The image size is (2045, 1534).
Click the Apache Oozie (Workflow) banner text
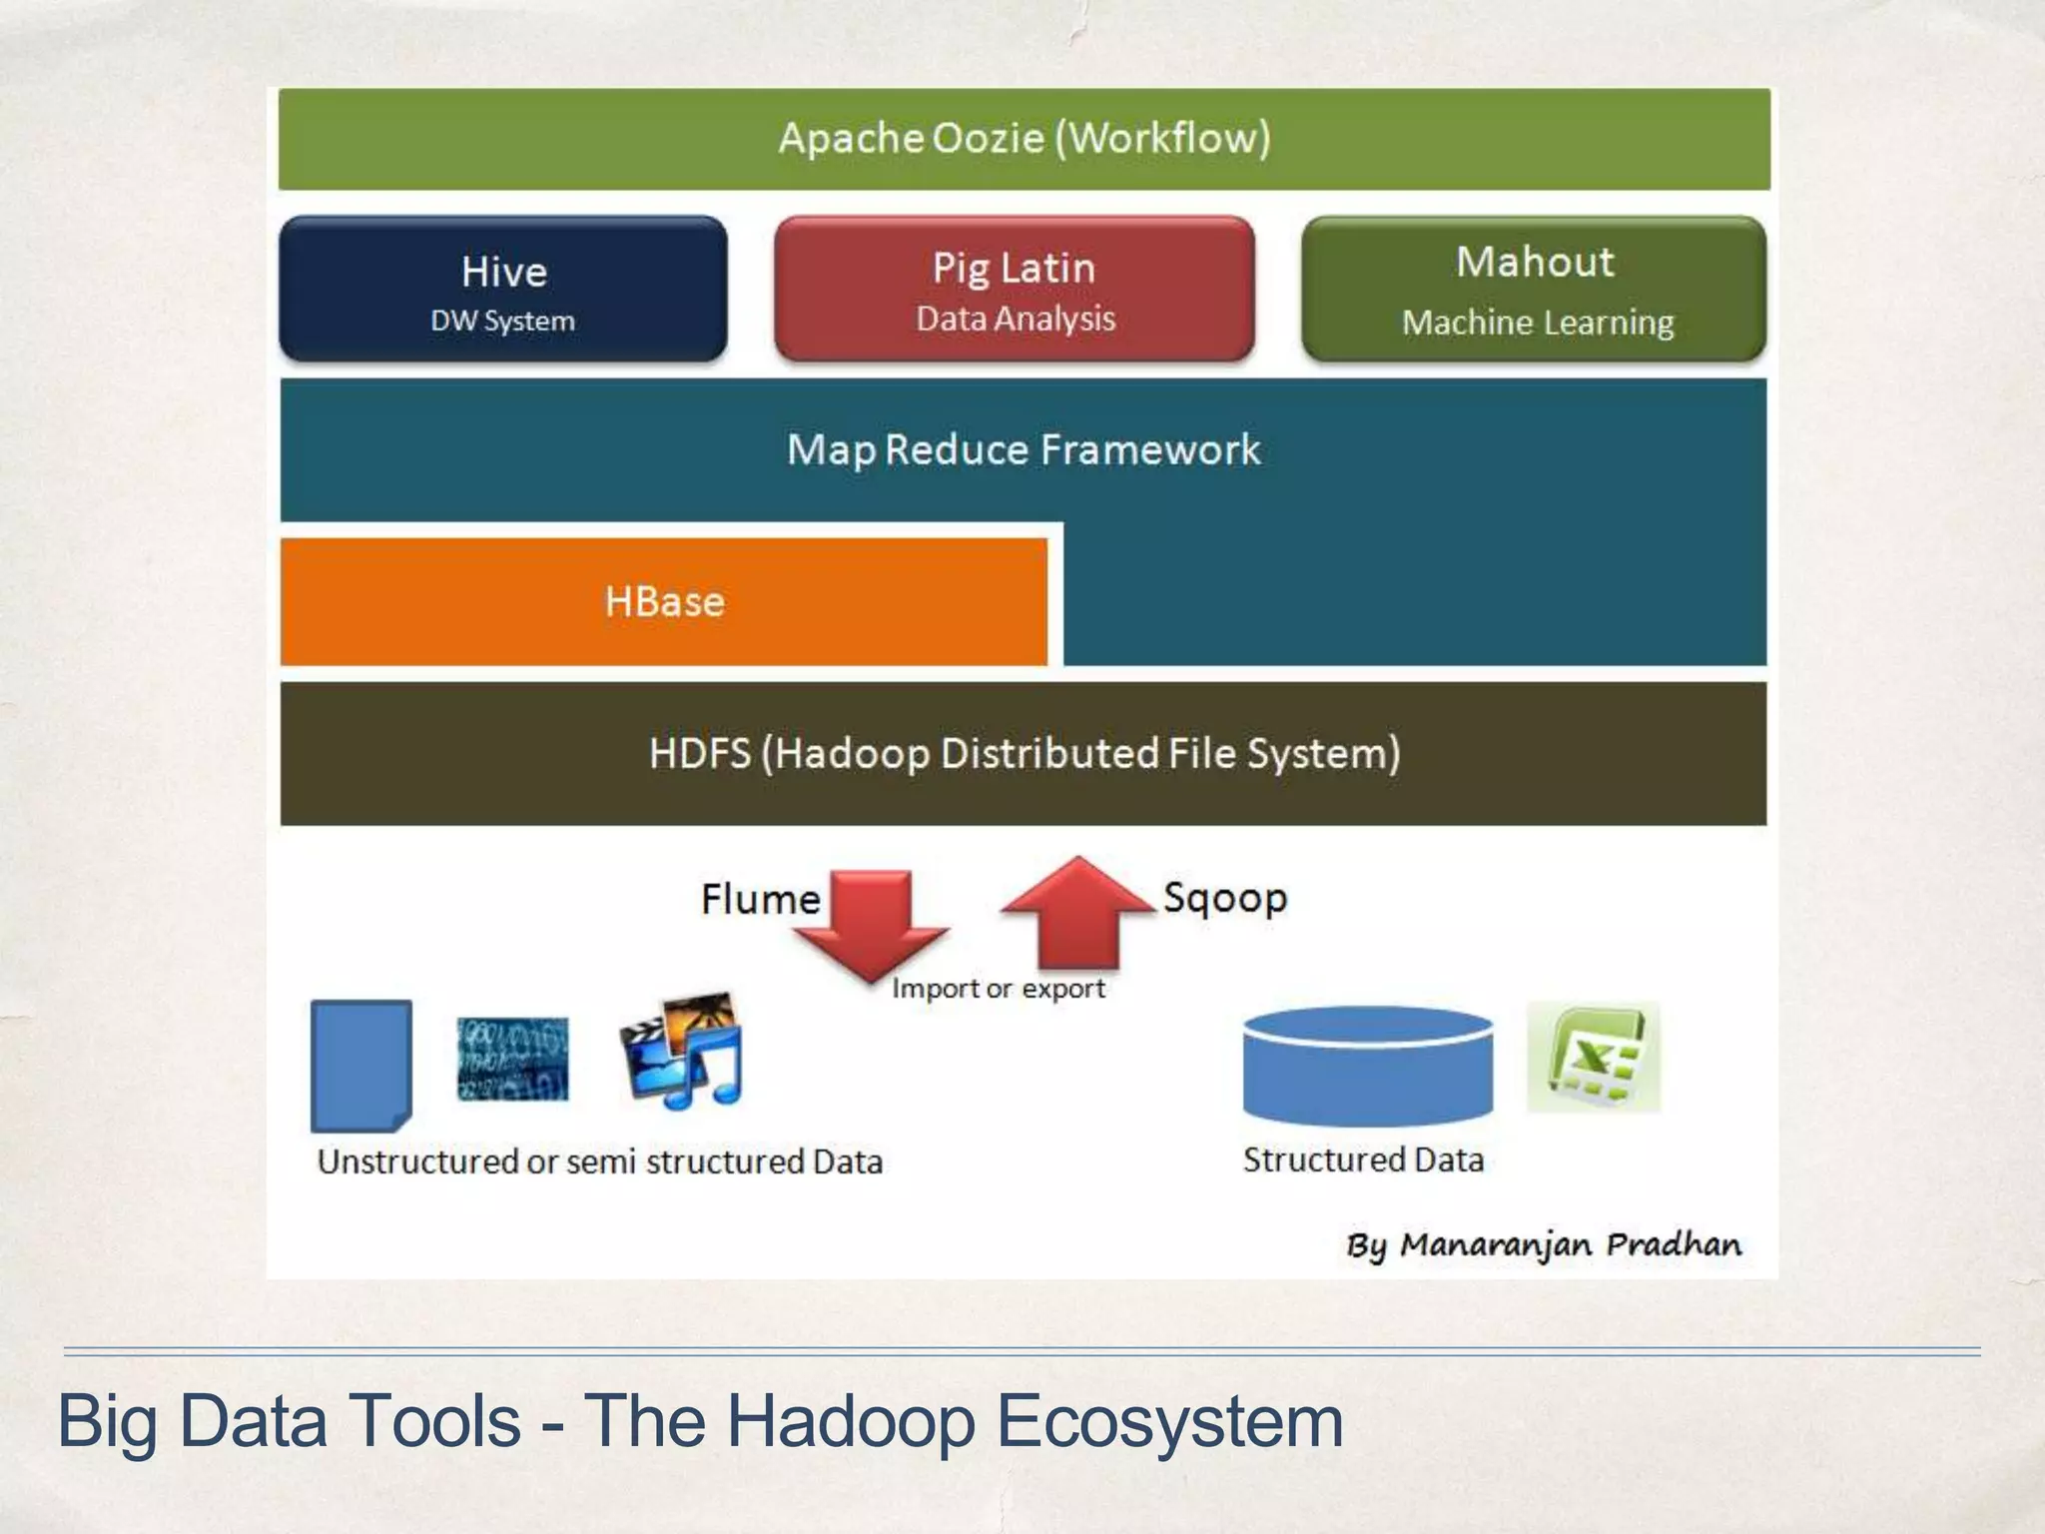[x=1023, y=138]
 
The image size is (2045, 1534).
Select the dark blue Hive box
[x=503, y=290]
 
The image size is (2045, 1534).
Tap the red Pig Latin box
[x=1015, y=290]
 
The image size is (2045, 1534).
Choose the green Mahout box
[x=1535, y=290]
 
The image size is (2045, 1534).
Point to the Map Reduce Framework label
[x=1023, y=449]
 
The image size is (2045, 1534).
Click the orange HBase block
[x=664, y=601]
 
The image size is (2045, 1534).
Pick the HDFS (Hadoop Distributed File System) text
[x=1023, y=753]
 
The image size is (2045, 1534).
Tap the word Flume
[x=760, y=899]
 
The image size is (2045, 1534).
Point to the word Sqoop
[x=1225, y=898]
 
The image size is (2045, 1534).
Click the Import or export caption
[x=999, y=989]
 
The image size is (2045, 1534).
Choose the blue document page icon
[x=361, y=1065]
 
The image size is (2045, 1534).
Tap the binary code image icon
[x=512, y=1059]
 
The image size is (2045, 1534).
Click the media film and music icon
[x=682, y=1051]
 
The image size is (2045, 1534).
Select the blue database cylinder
[x=1367, y=1066]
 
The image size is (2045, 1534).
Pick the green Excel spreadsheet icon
[x=1594, y=1057]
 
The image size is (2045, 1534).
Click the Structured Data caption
[x=1363, y=1159]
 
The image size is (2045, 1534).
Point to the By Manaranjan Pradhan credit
[x=1544, y=1245]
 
